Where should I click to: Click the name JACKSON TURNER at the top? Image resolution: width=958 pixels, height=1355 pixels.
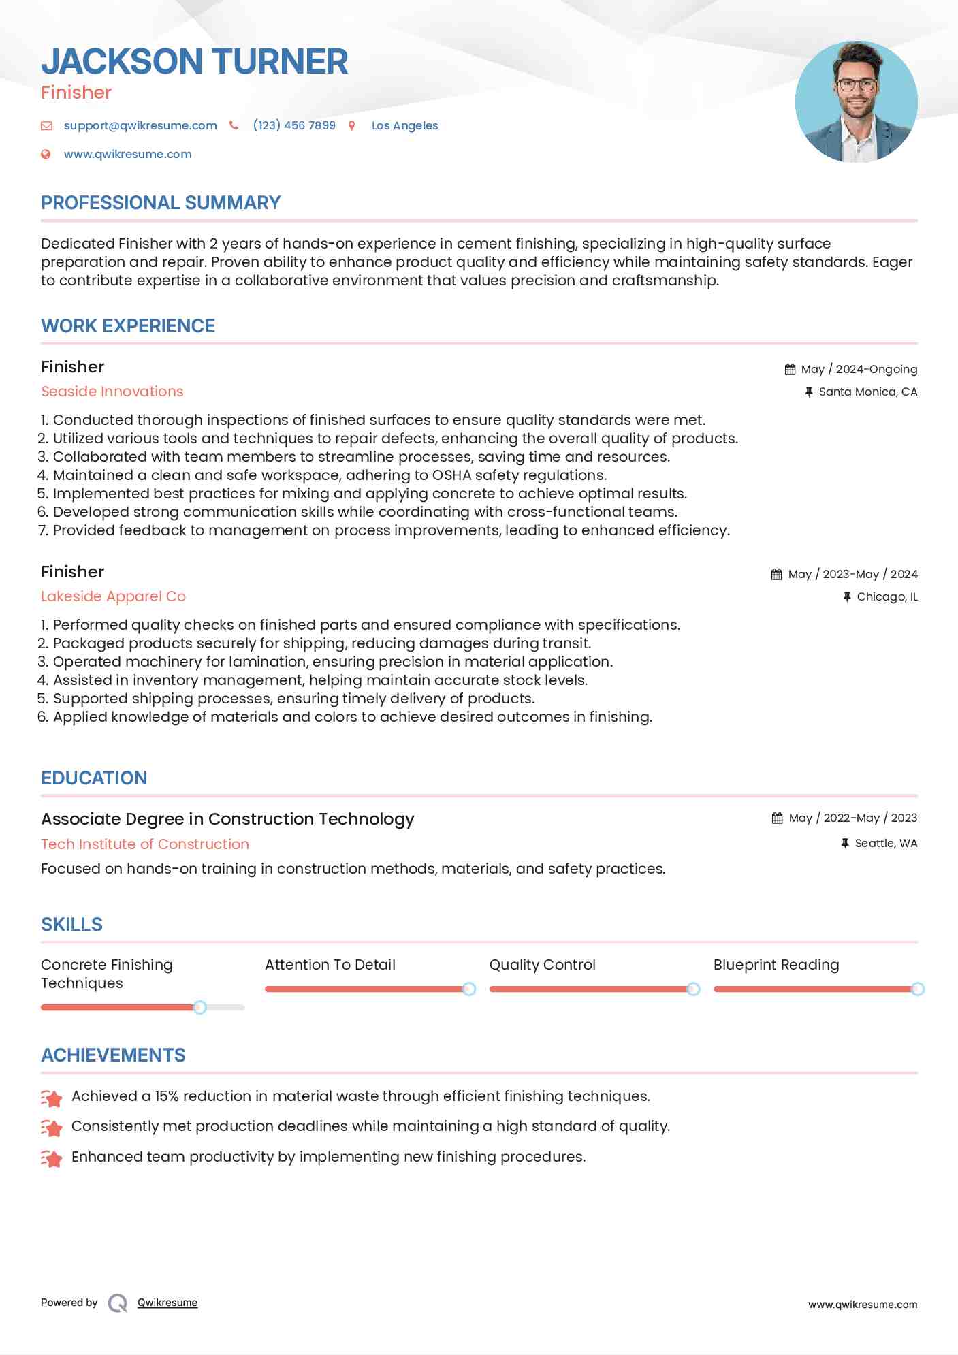pos(195,61)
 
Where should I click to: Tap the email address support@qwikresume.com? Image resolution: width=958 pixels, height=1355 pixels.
pos(140,125)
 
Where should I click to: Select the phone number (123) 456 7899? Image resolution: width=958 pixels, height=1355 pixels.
pos(294,125)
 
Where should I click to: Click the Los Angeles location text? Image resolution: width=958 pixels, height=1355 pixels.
pos(404,125)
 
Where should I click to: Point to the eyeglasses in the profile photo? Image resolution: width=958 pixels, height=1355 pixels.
pos(856,85)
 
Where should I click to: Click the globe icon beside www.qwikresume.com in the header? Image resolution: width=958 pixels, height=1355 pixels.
pos(46,154)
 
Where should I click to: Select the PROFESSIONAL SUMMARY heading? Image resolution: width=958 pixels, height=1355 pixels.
pos(161,203)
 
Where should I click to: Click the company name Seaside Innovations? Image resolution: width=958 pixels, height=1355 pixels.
pos(112,392)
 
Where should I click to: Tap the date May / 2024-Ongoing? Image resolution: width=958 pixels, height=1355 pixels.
pos(859,369)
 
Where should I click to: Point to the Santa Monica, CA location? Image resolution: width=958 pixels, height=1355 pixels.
pos(867,392)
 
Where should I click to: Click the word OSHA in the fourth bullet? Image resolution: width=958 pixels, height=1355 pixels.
pos(451,475)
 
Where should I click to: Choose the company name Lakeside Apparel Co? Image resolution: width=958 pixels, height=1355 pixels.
pos(113,596)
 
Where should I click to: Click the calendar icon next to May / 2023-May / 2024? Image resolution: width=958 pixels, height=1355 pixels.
pos(776,574)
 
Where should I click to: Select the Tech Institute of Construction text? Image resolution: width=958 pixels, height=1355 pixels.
pos(145,844)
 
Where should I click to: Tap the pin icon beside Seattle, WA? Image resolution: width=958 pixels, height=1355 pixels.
pos(845,843)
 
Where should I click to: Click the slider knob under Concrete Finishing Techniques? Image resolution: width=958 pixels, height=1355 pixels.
pos(199,1007)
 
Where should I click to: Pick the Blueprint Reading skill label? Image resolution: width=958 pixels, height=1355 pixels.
pos(776,965)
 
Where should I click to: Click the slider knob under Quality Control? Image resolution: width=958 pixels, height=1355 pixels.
pos(693,989)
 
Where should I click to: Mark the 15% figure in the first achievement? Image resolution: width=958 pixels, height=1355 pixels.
pos(167,1096)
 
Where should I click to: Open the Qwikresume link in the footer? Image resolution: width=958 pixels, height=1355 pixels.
pos(167,1303)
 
